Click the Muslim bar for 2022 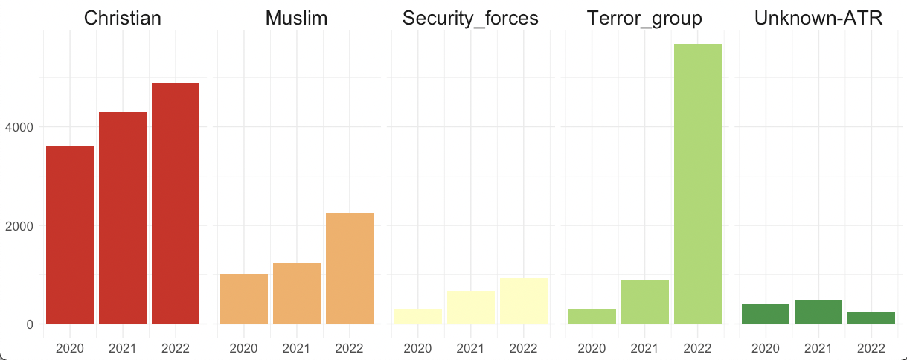click(x=350, y=268)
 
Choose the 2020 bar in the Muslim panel click(x=244, y=299)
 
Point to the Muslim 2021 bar click(x=297, y=293)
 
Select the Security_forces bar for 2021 click(x=471, y=307)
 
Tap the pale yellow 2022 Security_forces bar click(x=524, y=300)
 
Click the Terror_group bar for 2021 click(x=645, y=302)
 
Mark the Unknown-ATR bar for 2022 click(x=871, y=318)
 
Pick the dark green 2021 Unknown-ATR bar click(x=818, y=312)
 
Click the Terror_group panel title click(x=644, y=19)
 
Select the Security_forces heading click(x=470, y=19)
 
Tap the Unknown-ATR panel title click(x=818, y=19)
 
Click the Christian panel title click(x=123, y=19)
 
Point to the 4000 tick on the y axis click(x=19, y=127)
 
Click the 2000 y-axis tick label click(x=19, y=225)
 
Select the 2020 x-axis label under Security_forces click(x=417, y=347)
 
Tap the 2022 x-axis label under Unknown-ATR click(x=871, y=347)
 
